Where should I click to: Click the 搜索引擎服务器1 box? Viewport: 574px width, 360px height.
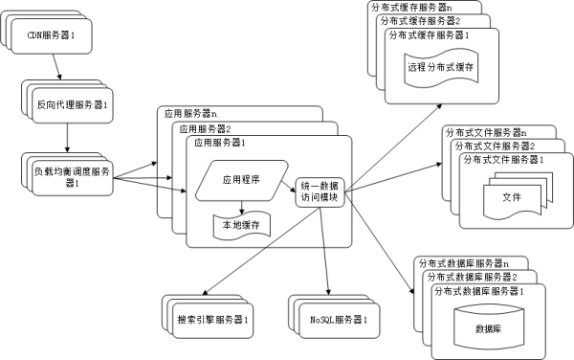tap(213, 317)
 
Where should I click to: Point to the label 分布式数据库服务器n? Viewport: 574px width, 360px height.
tap(458, 262)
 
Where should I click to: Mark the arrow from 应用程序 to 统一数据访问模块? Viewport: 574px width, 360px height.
tap(286, 185)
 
